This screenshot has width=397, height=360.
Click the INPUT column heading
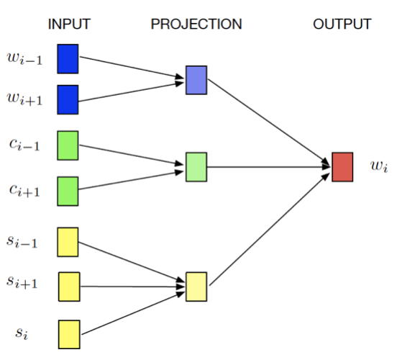pyautogui.click(x=69, y=24)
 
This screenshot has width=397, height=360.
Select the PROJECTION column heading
pyautogui.click(x=196, y=24)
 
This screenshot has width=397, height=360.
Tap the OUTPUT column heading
pyautogui.click(x=342, y=24)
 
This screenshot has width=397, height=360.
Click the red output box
pyautogui.click(x=342, y=167)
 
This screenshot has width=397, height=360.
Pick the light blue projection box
pyautogui.click(x=196, y=80)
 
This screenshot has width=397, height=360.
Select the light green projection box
pyautogui.click(x=196, y=167)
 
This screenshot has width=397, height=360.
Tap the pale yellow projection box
pyautogui.click(x=196, y=287)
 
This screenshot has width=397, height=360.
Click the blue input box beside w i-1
pyautogui.click(x=68, y=59)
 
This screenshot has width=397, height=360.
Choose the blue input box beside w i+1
pyautogui.click(x=68, y=99)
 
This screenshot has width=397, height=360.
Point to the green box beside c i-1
pyautogui.click(x=68, y=145)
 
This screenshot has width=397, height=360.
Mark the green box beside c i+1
pyautogui.click(x=68, y=191)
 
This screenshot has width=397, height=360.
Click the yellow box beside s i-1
pyautogui.click(x=68, y=242)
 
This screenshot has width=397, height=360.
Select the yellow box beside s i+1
pyautogui.click(x=69, y=287)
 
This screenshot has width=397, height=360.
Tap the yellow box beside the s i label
pyautogui.click(x=69, y=334)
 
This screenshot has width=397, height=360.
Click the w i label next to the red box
pyautogui.click(x=379, y=167)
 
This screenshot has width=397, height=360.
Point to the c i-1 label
pyautogui.click(x=24, y=145)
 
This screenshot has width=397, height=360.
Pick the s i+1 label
pyautogui.click(x=22, y=283)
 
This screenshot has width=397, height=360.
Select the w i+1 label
pyautogui.click(x=24, y=99)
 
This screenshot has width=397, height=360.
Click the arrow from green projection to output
pyautogui.click(x=269, y=167)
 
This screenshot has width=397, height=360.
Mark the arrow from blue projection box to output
pyautogui.click(x=268, y=122)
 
